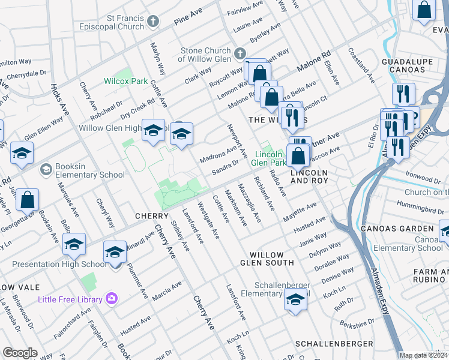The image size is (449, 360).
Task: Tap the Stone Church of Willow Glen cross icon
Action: tap(240, 54)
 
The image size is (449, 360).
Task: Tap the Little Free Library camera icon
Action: tap(111, 298)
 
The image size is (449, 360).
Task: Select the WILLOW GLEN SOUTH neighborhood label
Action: tap(267, 259)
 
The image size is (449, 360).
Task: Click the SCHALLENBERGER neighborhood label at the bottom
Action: tap(330, 344)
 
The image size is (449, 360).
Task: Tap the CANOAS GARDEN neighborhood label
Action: tap(396, 229)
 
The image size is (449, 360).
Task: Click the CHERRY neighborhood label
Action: tap(151, 215)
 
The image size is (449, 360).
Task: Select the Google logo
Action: tap(20, 353)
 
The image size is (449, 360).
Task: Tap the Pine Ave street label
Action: tap(188, 22)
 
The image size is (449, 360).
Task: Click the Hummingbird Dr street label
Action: tap(418, 205)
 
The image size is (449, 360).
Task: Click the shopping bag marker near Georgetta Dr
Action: tap(28, 200)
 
